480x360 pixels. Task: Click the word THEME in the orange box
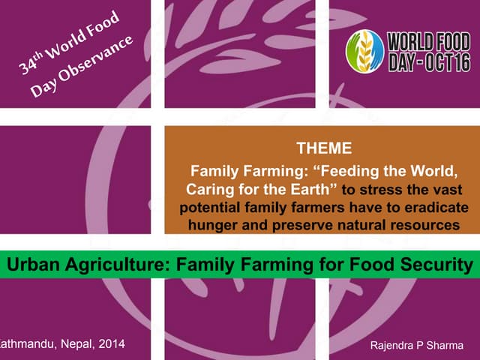click(324, 148)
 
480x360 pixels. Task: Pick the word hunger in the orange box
click(213, 223)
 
